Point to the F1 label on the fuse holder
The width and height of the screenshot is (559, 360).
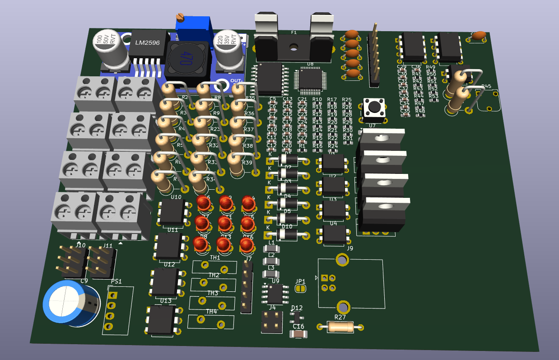[x=293, y=33]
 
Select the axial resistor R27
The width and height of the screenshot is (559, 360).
[x=341, y=327]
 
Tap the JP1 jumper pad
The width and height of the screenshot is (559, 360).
[x=300, y=288]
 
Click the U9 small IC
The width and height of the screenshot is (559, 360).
[x=275, y=294]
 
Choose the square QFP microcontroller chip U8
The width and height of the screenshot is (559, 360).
[x=311, y=79]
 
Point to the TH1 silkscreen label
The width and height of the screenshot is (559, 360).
[x=215, y=257]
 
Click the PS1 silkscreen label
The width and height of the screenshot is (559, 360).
[x=116, y=281]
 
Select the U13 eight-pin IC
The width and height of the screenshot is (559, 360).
[x=162, y=319]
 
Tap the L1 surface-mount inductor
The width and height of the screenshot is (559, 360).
[x=271, y=249]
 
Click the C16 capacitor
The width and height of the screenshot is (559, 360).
[x=298, y=334]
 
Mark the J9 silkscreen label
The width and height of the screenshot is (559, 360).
[x=349, y=248]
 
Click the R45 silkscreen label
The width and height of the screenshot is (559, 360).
[x=486, y=86]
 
